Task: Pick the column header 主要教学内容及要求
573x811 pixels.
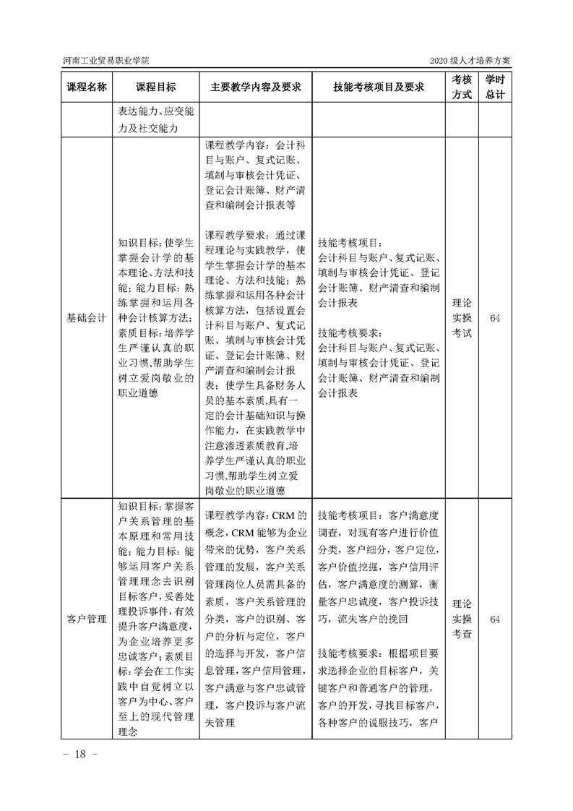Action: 256,87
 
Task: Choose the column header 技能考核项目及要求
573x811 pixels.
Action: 378,87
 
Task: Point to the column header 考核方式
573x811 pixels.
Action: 462,87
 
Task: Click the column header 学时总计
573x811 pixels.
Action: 495,87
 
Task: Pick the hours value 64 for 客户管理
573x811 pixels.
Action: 495,619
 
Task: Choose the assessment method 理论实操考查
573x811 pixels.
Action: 462,619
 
